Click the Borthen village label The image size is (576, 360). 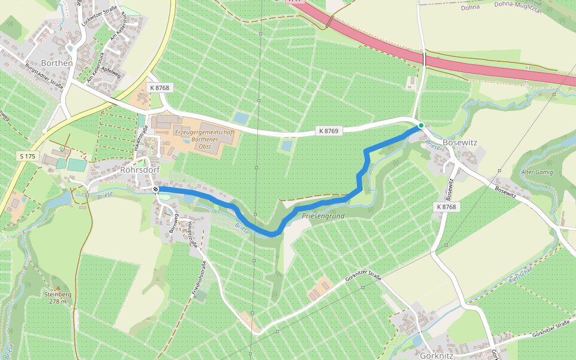[x=56, y=62]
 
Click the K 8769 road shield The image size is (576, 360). [x=328, y=131]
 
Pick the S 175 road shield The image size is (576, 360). [x=25, y=155]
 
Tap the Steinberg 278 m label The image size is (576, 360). [x=58, y=298]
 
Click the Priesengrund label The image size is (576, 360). [x=323, y=215]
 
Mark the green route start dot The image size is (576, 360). [x=421, y=125]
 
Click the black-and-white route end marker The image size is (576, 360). [x=156, y=189]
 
